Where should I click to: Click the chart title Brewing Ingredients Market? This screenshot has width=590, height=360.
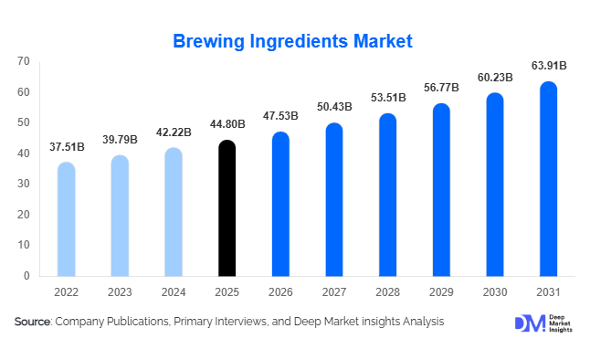point(294,41)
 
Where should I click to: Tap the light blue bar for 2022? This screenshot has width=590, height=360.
point(66,219)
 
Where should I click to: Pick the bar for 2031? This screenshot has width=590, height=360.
point(548,179)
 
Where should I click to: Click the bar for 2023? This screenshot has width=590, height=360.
point(120,216)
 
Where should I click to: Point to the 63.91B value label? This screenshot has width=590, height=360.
point(548,66)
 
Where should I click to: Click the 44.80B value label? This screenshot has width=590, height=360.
point(227,125)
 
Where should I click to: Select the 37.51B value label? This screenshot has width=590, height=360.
point(66,147)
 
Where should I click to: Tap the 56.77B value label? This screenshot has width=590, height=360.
point(441,89)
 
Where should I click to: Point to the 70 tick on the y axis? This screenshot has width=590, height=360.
point(24,61)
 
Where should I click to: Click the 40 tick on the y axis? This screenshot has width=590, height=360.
point(24,154)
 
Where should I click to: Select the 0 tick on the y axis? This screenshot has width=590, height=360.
point(26,276)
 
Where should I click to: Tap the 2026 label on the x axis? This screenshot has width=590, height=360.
point(280,291)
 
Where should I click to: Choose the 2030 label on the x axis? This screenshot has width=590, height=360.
point(494,291)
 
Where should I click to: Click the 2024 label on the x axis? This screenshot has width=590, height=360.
point(174,291)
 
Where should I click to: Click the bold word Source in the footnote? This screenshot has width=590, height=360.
point(32,322)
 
